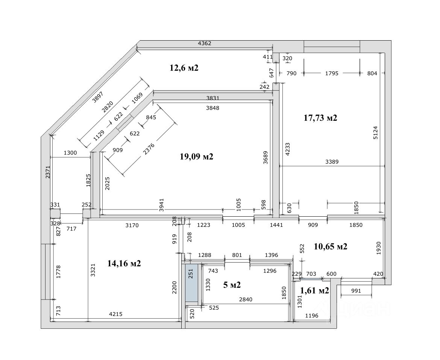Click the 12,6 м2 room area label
pyautogui.click(x=184, y=68)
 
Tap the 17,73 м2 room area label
pyautogui.click(x=320, y=118)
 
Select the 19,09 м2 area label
pyautogui.click(x=197, y=156)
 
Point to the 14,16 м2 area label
pyautogui.click(x=124, y=264)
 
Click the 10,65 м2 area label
pyautogui.click(x=330, y=247)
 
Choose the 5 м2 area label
pyautogui.click(x=232, y=285)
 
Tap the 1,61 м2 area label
pyautogui.click(x=315, y=290)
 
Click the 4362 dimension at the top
pyautogui.click(x=205, y=43)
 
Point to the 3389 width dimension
pyautogui.click(x=332, y=162)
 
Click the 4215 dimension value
pyautogui.click(x=115, y=314)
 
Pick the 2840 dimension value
pyautogui.click(x=246, y=299)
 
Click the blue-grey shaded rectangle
pyautogui.click(x=192, y=283)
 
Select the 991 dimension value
pyautogui.click(x=356, y=291)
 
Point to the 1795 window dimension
pyautogui.click(x=331, y=73)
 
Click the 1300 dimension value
pyautogui.click(x=70, y=153)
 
